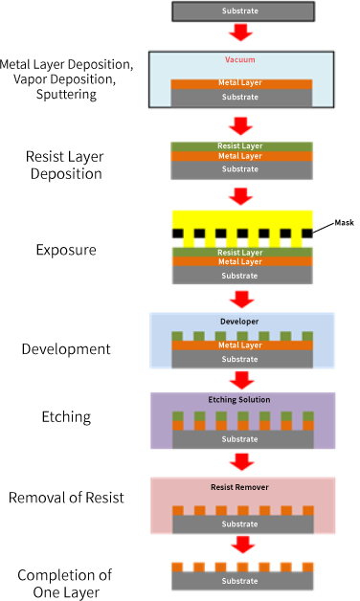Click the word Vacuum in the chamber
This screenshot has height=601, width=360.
(241, 59)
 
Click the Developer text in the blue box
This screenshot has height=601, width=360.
(241, 322)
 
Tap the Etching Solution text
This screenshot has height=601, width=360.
(241, 399)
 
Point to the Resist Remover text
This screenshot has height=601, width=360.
(241, 487)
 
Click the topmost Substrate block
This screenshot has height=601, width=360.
(241, 11)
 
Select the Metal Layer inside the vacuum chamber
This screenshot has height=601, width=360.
(241, 83)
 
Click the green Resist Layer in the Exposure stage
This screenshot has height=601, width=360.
(241, 252)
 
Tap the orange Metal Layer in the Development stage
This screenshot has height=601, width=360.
(241, 345)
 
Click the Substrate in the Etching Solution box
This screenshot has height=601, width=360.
(241, 440)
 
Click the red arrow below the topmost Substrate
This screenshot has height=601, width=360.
(241, 33)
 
